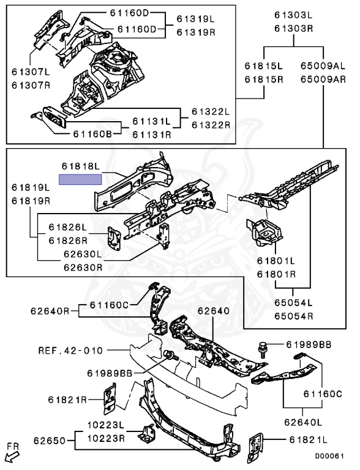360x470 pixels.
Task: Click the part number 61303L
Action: tap(294, 15)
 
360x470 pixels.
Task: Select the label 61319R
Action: tap(196, 32)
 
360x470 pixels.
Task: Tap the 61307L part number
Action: tap(31, 72)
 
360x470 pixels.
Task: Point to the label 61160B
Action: tap(92, 133)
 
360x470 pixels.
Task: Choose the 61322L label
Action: tap(211, 112)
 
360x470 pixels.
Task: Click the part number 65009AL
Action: tap(323, 66)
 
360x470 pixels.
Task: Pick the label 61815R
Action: tap(264, 80)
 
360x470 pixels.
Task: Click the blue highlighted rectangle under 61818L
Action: tap(80, 179)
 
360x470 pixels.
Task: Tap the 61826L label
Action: tap(68, 227)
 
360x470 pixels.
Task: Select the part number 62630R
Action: tap(83, 267)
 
